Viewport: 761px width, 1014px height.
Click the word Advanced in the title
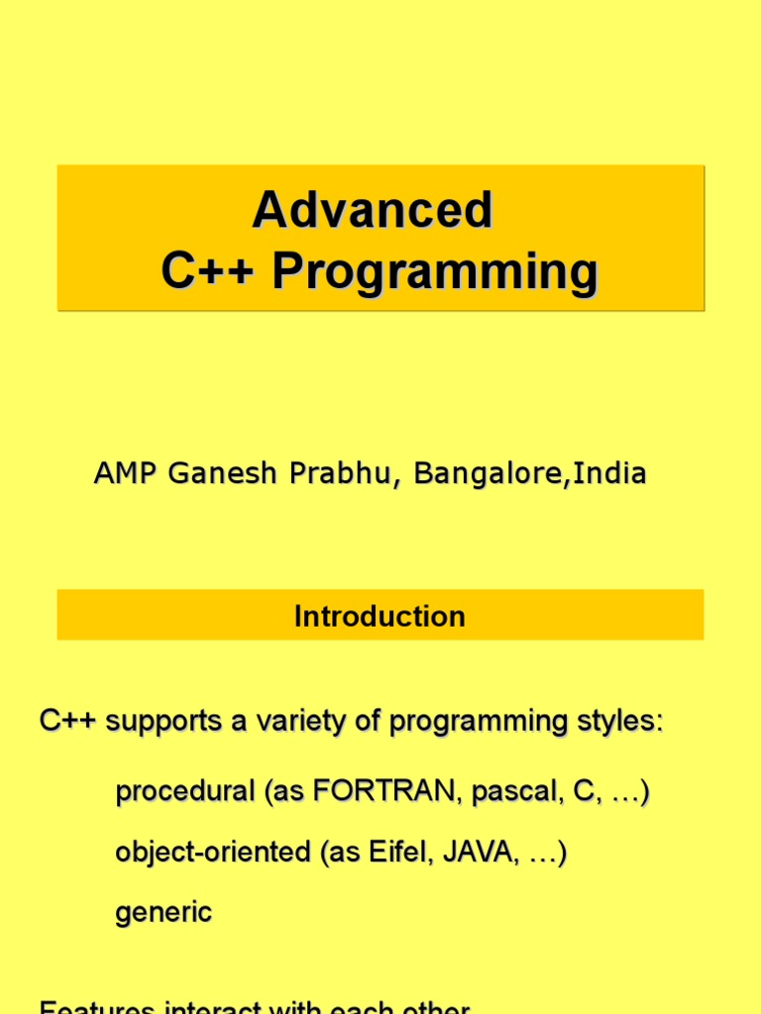pos(372,210)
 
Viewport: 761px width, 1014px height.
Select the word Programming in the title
pos(436,271)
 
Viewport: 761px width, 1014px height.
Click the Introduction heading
pos(380,616)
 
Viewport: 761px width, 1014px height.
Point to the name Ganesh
pos(224,474)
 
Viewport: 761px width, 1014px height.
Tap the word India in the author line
pos(610,474)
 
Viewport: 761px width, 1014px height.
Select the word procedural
pos(185,792)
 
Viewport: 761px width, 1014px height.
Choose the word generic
pos(163,912)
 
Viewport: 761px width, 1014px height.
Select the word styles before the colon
pos(617,722)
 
